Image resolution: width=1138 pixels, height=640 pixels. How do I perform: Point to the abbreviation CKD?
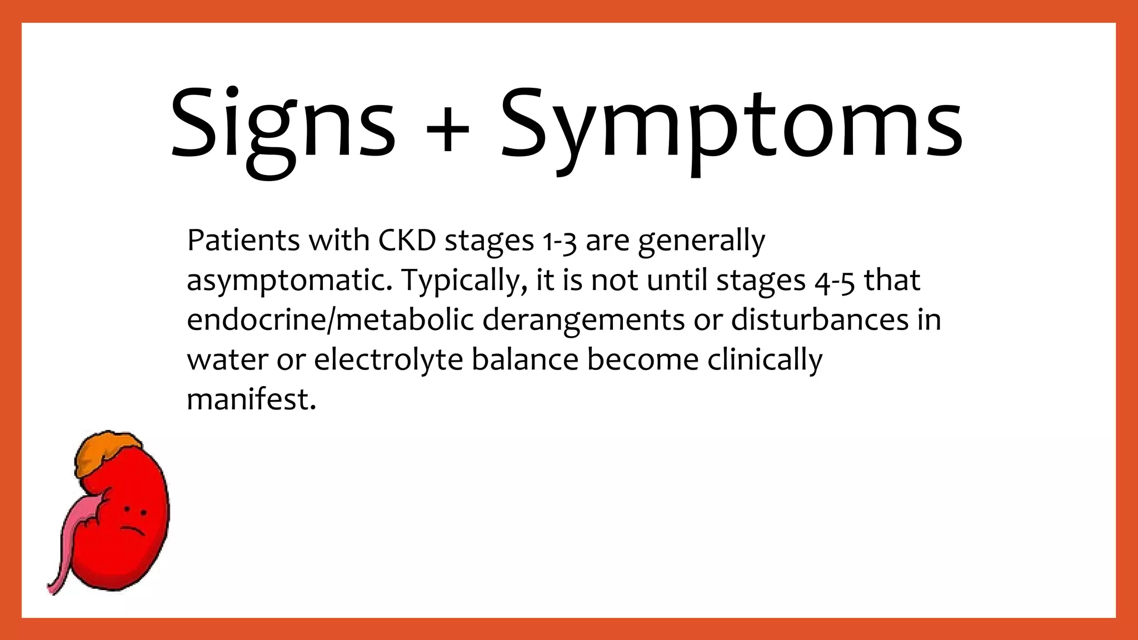coord(407,241)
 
